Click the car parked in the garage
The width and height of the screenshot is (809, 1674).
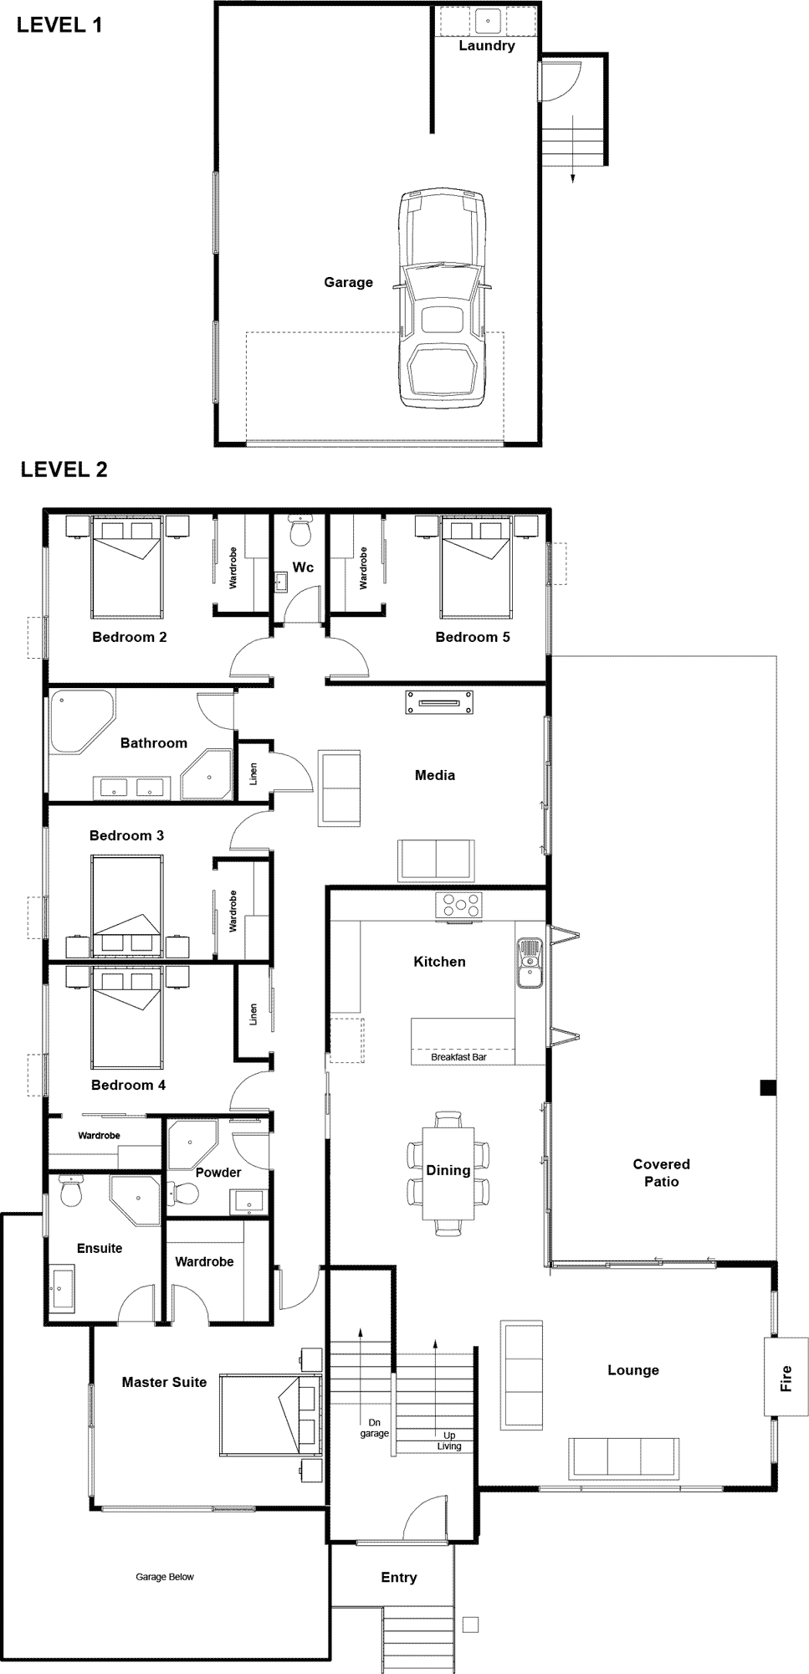click(x=442, y=299)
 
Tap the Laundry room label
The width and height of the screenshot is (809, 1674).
click(x=486, y=46)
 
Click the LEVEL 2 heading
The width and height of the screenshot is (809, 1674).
click(x=64, y=469)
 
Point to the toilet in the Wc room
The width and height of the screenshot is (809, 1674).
click(x=300, y=529)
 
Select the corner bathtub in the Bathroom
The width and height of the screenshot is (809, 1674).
click(x=81, y=721)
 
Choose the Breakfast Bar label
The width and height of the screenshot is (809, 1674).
click(x=458, y=1057)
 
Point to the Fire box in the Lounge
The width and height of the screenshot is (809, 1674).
click(x=786, y=1378)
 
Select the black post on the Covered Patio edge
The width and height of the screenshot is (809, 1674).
click(x=768, y=1088)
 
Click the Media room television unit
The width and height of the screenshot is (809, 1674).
click(x=439, y=702)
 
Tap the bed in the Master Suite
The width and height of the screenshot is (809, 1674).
click(x=269, y=1417)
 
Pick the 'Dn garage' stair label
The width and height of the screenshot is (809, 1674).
click(x=375, y=1427)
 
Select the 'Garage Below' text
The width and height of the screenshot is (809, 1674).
click(x=165, y=1577)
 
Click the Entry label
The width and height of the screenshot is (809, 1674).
click(x=399, y=1577)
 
